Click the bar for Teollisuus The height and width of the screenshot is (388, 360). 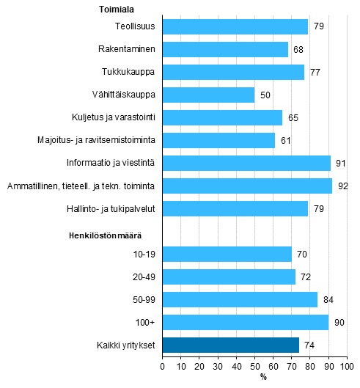coord(235,26)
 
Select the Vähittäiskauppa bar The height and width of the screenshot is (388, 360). coord(208,95)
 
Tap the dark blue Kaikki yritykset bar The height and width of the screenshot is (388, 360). coord(230,345)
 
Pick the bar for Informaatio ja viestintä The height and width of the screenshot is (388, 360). coord(246,163)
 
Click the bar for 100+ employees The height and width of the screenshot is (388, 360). coord(245,322)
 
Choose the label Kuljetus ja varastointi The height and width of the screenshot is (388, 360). coord(117,117)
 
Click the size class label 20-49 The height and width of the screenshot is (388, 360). coord(143,277)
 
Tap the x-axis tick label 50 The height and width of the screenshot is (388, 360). coord(254,365)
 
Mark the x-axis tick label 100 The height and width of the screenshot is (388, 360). coord(346,365)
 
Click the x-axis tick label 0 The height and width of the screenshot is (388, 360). coord(162,365)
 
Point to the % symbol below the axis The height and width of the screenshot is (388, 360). coord(262,377)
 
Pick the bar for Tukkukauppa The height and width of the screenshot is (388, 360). coord(233,72)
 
